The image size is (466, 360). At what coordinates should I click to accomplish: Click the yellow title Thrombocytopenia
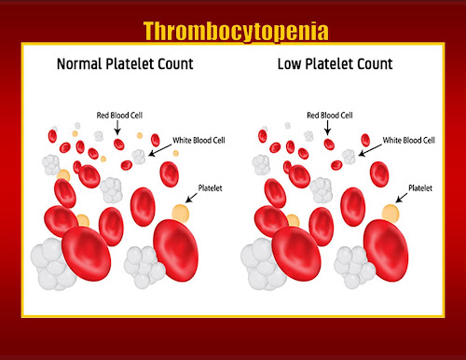pyautogui.click(x=236, y=32)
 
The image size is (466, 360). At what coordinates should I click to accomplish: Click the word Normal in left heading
pyautogui.click(x=79, y=63)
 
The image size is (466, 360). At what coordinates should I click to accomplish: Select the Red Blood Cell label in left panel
pyautogui.click(x=119, y=116)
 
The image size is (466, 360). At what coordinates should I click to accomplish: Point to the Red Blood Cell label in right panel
pyautogui.click(x=330, y=116)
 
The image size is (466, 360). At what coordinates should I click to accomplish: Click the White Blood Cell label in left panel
pyautogui.click(x=199, y=140)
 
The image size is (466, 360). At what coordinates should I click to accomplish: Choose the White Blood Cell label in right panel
pyautogui.click(x=409, y=140)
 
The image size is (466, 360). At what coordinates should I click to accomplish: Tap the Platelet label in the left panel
pyautogui.click(x=211, y=188)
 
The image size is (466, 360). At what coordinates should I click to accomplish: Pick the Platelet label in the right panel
pyautogui.click(x=420, y=188)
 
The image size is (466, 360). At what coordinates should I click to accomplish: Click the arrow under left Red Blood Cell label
pyautogui.click(x=117, y=128)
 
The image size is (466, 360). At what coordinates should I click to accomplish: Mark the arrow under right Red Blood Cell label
pyautogui.click(x=327, y=128)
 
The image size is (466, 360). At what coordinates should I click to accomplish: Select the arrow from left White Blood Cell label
pyautogui.click(x=160, y=150)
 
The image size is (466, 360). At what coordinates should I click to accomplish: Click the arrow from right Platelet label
pyautogui.click(x=402, y=198)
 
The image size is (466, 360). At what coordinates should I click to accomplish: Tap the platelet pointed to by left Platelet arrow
pyautogui.click(x=180, y=214)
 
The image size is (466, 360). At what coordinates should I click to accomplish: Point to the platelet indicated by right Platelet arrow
pyautogui.click(x=391, y=214)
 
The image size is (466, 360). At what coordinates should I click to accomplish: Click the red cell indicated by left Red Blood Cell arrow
pyautogui.click(x=119, y=145)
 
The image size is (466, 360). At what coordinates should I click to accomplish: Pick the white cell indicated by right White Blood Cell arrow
pyautogui.click(x=349, y=157)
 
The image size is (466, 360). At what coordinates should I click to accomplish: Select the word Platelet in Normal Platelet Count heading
pyautogui.click(x=130, y=63)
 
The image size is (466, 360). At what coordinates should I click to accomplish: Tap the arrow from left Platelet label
pyautogui.click(x=191, y=198)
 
